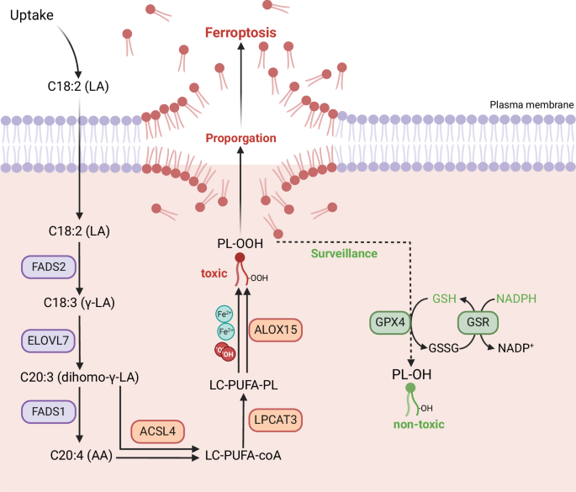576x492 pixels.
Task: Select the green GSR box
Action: click(478, 322)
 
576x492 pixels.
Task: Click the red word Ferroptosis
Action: click(242, 34)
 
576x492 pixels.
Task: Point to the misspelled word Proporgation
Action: click(242, 139)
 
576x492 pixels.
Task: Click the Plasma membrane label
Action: click(528, 106)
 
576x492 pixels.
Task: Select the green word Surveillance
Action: click(343, 252)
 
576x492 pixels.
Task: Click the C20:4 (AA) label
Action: click(78, 455)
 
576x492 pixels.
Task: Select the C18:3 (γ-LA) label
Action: click(78, 306)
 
